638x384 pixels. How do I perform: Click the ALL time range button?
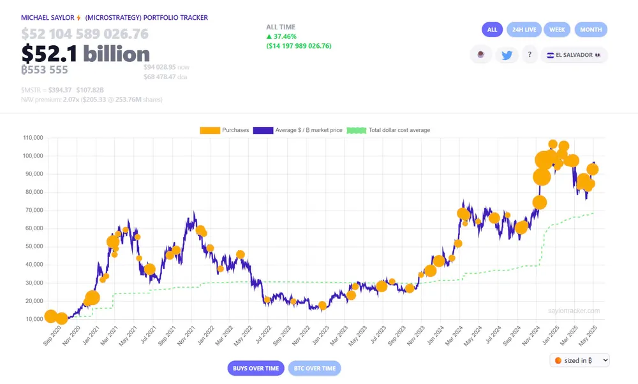click(492, 29)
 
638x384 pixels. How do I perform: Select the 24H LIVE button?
click(524, 29)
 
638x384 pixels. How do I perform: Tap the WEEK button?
click(557, 29)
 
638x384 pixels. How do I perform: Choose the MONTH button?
click(591, 29)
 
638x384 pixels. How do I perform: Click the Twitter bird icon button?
click(507, 55)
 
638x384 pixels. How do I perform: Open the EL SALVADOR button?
click(574, 55)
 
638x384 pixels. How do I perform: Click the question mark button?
click(530, 55)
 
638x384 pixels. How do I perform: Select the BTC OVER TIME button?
click(315, 368)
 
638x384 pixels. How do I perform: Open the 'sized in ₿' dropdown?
click(579, 360)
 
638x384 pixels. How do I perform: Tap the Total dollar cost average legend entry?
click(389, 130)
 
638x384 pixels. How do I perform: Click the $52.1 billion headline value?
click(85, 54)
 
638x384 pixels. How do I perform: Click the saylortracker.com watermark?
click(574, 311)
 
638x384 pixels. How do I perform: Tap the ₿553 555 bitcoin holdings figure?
click(45, 70)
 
